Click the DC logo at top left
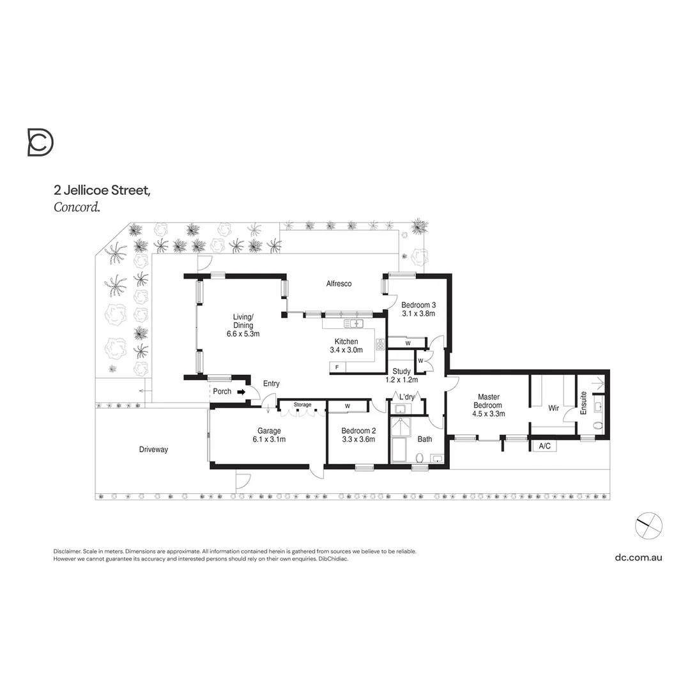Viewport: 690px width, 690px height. click(x=40, y=142)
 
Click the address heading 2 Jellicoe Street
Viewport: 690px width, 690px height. click(x=102, y=190)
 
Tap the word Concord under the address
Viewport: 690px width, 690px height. click(x=77, y=206)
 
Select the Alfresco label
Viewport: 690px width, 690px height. click(x=339, y=284)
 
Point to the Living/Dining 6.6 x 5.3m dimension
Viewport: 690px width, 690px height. click(x=243, y=333)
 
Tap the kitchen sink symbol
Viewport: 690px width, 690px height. click(x=353, y=323)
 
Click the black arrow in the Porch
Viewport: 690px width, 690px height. click(x=241, y=392)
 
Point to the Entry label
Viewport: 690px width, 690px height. click(x=271, y=383)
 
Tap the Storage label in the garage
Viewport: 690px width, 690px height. click(x=302, y=405)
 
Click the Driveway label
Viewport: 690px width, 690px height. click(x=153, y=450)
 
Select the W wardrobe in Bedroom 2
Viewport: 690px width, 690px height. click(x=348, y=406)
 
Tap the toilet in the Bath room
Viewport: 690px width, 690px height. click(x=420, y=457)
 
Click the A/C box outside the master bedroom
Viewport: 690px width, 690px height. click(x=545, y=446)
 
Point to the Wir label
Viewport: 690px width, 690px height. click(x=553, y=408)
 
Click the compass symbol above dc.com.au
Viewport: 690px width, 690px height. click(x=648, y=526)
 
